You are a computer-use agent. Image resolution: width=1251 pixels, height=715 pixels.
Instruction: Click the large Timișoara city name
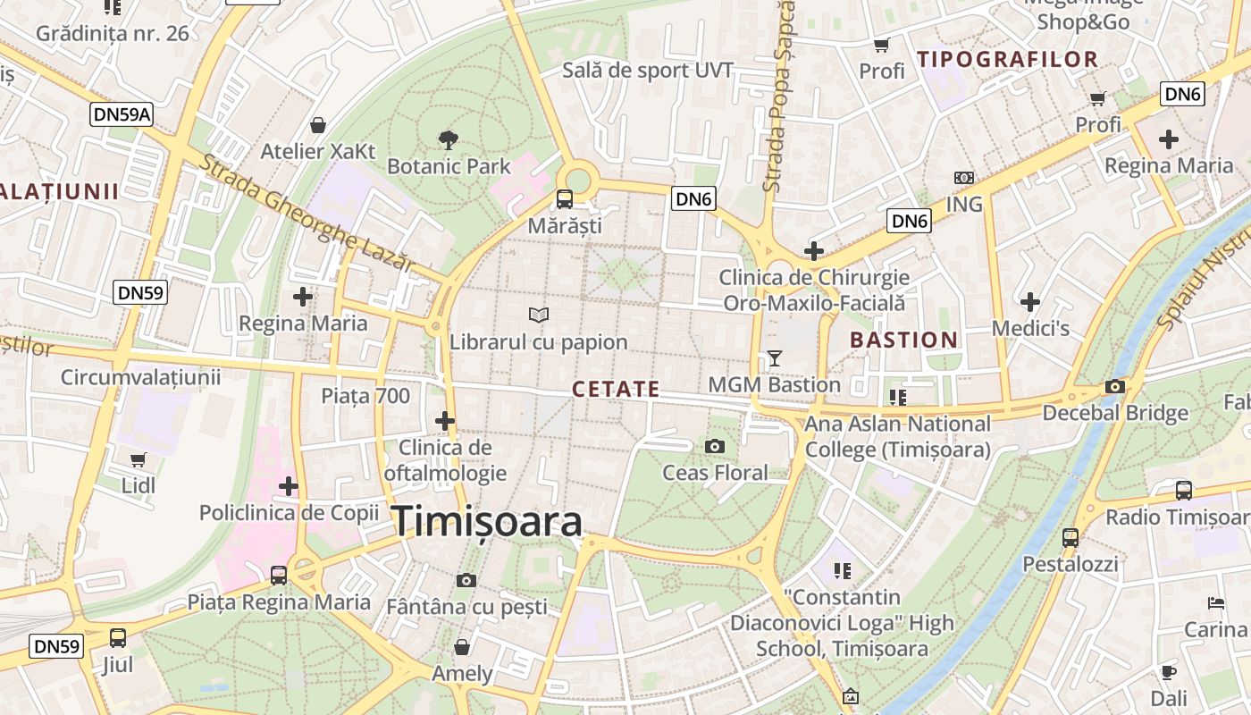tap(488, 521)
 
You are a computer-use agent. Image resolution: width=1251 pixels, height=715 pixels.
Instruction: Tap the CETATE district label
tap(616, 390)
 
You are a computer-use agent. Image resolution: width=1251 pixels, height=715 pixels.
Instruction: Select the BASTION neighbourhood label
tap(903, 340)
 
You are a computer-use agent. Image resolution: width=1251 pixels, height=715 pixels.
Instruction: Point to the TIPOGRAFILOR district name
tap(1007, 60)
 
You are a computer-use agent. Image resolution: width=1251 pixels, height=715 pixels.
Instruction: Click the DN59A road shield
tap(122, 114)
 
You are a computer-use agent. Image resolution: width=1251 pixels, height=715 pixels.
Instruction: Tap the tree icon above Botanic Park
tap(449, 139)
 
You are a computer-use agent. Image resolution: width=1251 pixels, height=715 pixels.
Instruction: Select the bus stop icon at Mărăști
tap(565, 198)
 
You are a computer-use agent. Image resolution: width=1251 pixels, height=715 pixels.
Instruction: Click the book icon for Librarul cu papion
tap(538, 315)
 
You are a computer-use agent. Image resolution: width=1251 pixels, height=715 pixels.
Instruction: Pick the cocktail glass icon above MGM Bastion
tap(774, 358)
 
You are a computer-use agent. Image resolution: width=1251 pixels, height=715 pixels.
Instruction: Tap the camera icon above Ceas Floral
tap(715, 446)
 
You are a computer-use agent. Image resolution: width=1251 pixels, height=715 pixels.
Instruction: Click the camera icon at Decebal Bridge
tap(1115, 386)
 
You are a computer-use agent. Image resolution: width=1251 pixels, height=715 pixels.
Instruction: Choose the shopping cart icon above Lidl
tap(139, 459)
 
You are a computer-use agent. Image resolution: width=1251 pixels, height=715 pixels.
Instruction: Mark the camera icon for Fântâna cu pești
tap(466, 580)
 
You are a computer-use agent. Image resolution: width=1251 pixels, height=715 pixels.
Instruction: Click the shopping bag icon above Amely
tap(462, 646)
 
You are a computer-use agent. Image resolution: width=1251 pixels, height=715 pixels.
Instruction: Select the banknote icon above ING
tap(964, 178)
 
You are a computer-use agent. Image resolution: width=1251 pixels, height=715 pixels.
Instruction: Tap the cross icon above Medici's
tap(1030, 302)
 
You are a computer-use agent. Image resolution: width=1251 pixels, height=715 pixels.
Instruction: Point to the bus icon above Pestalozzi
tap(1070, 537)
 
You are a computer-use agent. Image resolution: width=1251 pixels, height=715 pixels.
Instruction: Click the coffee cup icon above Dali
tap(1169, 672)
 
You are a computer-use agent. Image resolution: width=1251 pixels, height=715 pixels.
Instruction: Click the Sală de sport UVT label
tap(648, 71)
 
